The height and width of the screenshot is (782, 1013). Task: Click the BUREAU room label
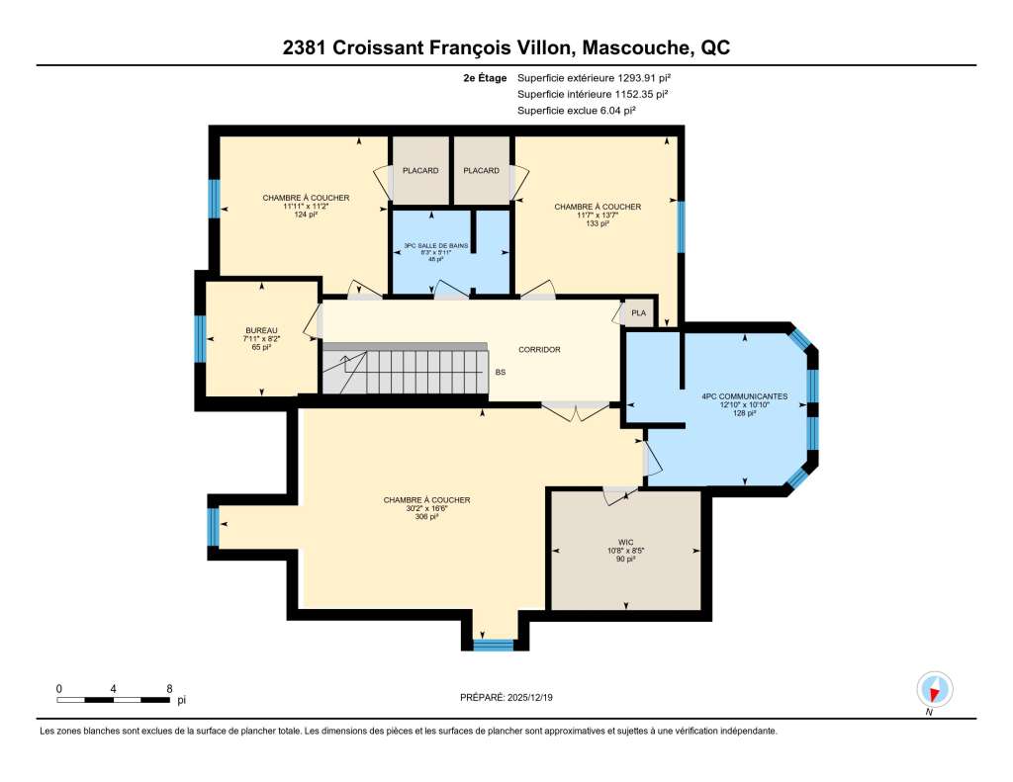(x=261, y=330)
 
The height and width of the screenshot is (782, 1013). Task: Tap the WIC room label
(x=625, y=543)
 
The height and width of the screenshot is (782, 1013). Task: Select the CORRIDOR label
(x=539, y=349)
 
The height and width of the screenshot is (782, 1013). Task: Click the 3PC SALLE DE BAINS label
(x=436, y=246)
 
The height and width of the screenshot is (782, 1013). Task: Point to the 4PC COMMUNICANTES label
(x=745, y=396)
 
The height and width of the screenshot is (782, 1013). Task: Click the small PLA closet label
(x=639, y=313)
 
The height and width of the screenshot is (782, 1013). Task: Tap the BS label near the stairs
(x=501, y=373)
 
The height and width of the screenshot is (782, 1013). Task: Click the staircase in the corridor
(x=405, y=368)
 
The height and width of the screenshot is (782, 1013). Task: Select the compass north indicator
(x=934, y=690)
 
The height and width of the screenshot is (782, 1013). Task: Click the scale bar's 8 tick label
(x=170, y=689)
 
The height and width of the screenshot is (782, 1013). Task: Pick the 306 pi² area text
(x=427, y=517)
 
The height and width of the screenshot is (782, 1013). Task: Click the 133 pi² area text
(x=598, y=223)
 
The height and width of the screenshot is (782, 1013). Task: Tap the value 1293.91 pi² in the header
(x=644, y=78)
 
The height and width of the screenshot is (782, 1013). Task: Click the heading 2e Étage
(x=485, y=78)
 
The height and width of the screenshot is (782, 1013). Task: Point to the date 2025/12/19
(x=530, y=697)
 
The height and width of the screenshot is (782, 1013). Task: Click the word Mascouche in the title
(x=636, y=47)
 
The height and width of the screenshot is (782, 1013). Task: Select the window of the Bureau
(x=200, y=338)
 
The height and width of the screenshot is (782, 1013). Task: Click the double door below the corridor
(x=575, y=411)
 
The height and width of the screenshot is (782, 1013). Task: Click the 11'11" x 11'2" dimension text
(x=307, y=206)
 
